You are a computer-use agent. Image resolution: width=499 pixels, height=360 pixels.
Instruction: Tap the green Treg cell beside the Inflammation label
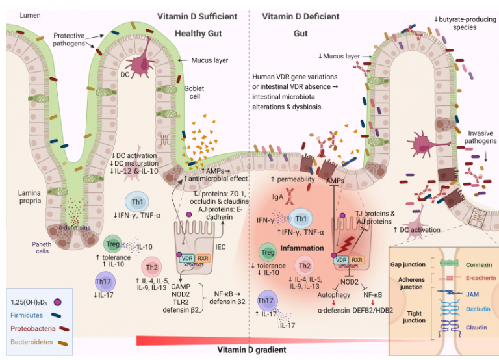coord(267,252)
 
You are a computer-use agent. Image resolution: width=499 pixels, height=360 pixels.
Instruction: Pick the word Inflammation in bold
coord(302,248)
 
